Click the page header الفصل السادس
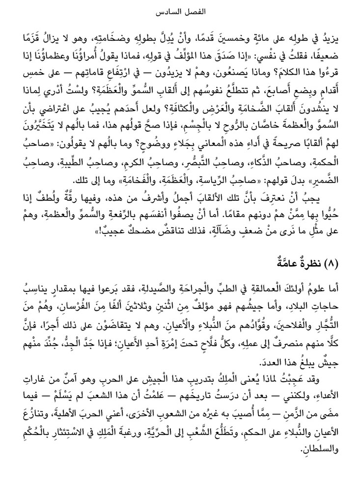(x=180, y=10)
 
